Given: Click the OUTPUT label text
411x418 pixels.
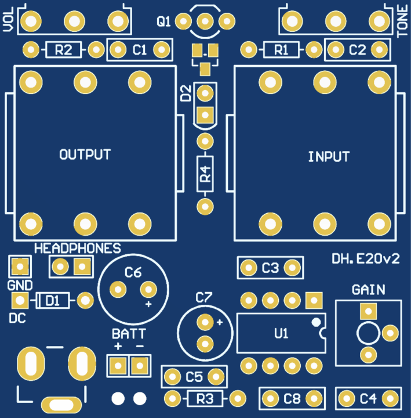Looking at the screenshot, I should click(85, 154).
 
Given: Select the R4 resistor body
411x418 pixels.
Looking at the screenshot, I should click(204, 174).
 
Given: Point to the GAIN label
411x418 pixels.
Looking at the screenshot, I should click(368, 290).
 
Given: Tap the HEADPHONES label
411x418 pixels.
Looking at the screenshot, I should click(78, 248).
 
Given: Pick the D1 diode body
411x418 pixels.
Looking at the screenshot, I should click(53, 301).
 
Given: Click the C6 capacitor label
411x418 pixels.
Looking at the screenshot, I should click(133, 272).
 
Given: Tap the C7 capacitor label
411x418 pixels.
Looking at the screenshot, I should click(203, 298).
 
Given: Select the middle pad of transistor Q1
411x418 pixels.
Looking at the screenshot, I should click(204, 21).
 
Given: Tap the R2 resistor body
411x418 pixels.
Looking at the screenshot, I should click(63, 50).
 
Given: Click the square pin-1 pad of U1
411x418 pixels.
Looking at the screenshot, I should click(314, 301).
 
